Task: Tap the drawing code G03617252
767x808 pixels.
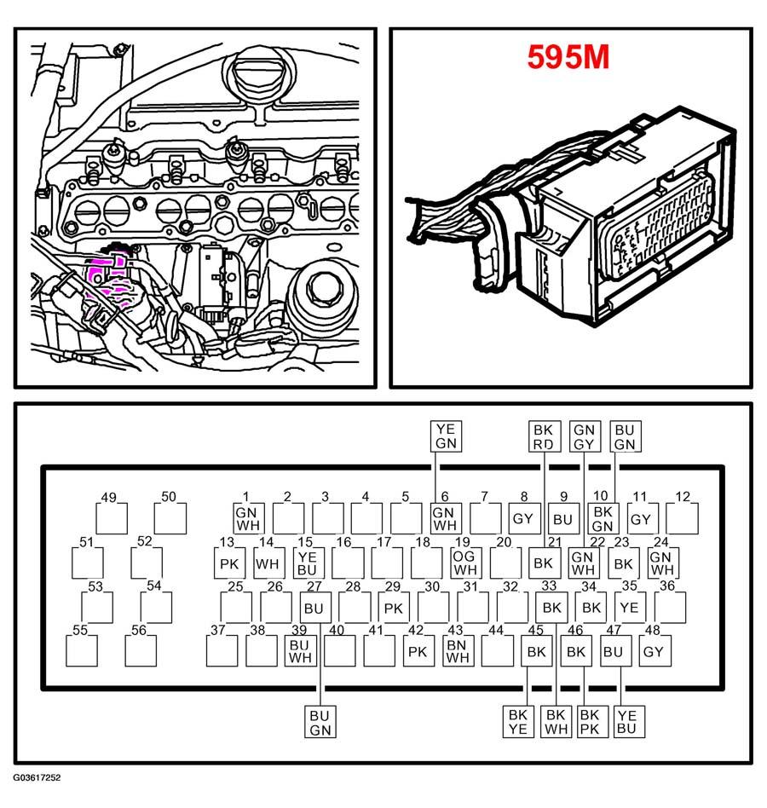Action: tap(37, 778)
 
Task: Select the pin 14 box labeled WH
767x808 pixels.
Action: tap(268, 563)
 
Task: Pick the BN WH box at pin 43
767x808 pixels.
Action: tap(458, 651)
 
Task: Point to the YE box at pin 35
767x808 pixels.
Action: tap(629, 607)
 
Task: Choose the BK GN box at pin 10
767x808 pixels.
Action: tap(603, 518)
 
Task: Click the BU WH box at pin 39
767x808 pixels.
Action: tap(299, 651)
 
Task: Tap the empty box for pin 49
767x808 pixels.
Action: tap(111, 518)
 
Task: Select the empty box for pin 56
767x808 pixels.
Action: tap(140, 651)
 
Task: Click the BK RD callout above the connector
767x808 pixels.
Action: tap(544, 437)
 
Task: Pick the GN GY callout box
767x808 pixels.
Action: tap(584, 437)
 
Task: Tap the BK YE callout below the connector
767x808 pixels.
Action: tap(518, 721)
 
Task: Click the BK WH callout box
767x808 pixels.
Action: tap(557, 721)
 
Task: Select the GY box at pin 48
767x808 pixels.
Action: tap(653, 651)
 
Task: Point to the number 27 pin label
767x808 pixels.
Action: tap(314, 586)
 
